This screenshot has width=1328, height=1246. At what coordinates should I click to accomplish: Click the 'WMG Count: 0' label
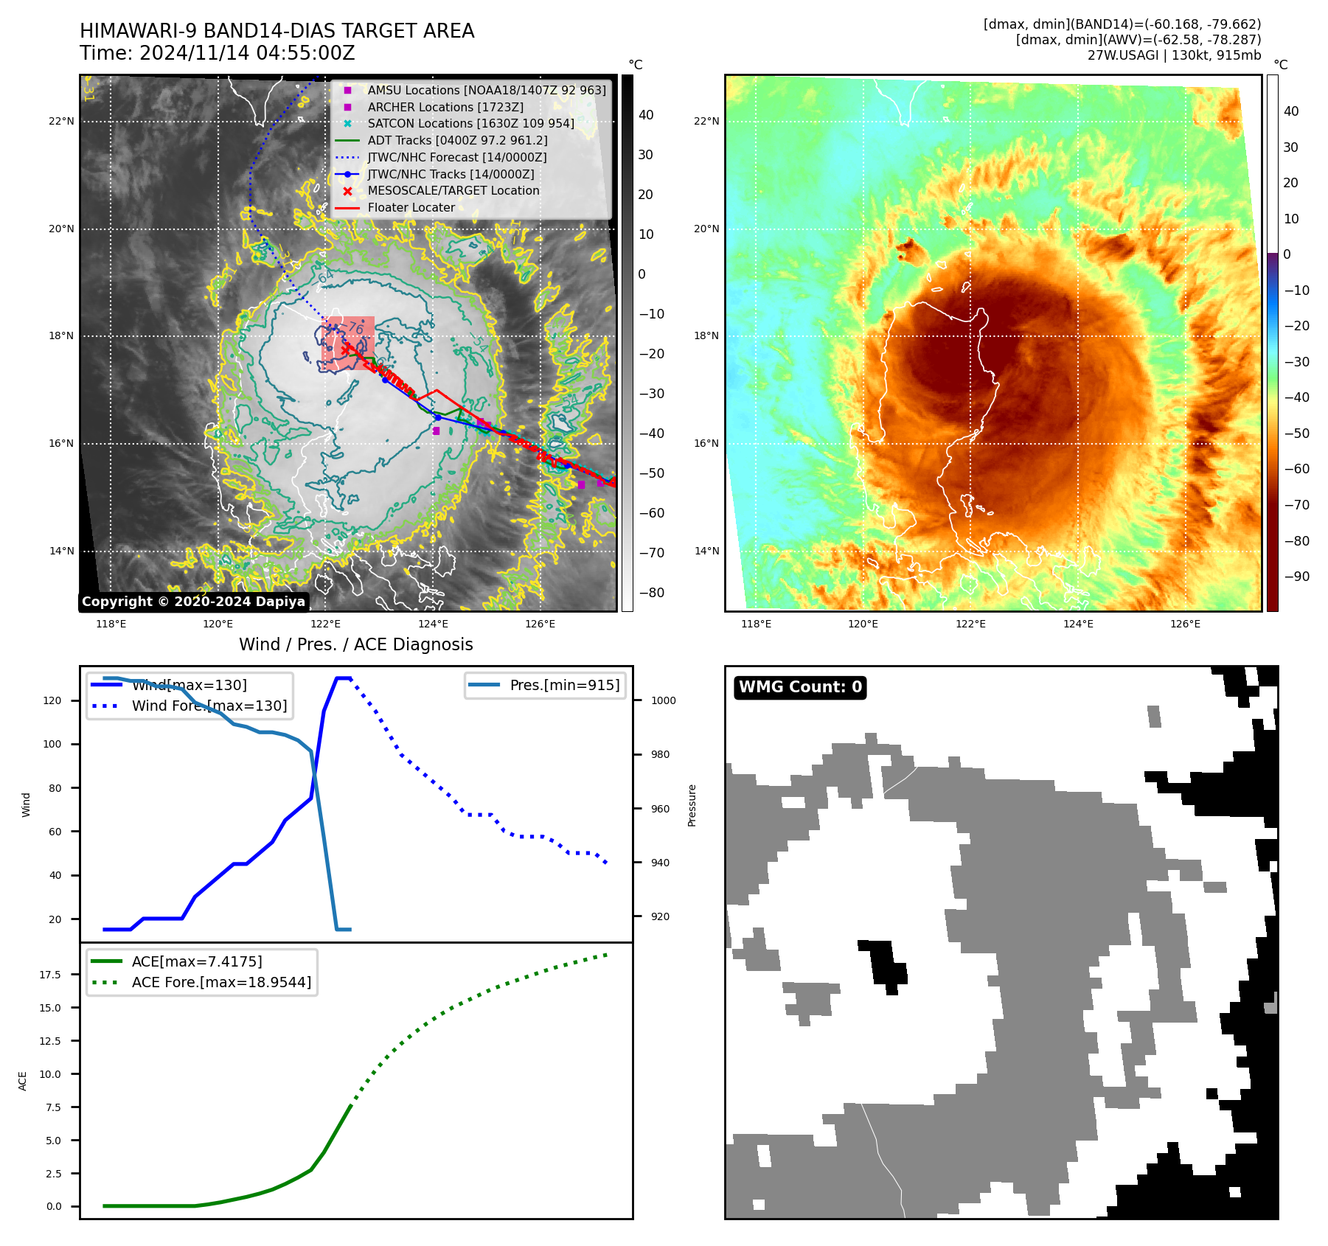tap(800, 687)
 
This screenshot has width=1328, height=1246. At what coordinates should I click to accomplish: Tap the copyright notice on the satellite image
tap(193, 602)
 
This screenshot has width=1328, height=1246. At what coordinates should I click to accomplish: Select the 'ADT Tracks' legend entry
tap(457, 140)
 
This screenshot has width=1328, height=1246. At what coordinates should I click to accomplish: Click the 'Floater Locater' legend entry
tap(411, 208)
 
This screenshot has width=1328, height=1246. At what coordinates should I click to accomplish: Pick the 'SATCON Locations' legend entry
tap(470, 124)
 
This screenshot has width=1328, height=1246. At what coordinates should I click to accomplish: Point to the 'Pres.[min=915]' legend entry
tap(564, 685)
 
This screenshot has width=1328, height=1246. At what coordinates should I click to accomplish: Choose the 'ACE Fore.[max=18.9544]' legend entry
tap(221, 982)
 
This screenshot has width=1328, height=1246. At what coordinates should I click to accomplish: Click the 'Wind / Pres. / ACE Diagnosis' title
tap(355, 644)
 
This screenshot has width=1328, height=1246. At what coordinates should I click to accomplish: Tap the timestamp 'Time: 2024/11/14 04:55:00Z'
tap(218, 53)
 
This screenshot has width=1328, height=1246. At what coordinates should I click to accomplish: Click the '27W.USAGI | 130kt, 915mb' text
tap(1174, 55)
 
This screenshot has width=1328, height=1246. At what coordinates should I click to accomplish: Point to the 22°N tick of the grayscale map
tap(61, 122)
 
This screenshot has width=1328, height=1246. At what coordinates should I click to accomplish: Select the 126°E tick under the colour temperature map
tap(1185, 624)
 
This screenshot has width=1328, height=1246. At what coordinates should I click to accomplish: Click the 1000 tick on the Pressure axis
tap(663, 700)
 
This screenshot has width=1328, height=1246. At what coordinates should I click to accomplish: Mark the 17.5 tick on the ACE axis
tap(50, 975)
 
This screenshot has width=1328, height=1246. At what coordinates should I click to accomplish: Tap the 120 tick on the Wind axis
tap(52, 700)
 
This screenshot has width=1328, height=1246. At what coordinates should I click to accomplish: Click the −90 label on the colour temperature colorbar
tap(1296, 577)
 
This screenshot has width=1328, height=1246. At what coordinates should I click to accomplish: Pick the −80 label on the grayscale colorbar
tap(651, 593)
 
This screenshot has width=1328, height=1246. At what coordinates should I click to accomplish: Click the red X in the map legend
tap(347, 191)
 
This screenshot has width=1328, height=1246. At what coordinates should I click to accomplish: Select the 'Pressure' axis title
tap(692, 805)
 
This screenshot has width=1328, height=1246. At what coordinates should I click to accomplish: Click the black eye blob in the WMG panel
tap(883, 962)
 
